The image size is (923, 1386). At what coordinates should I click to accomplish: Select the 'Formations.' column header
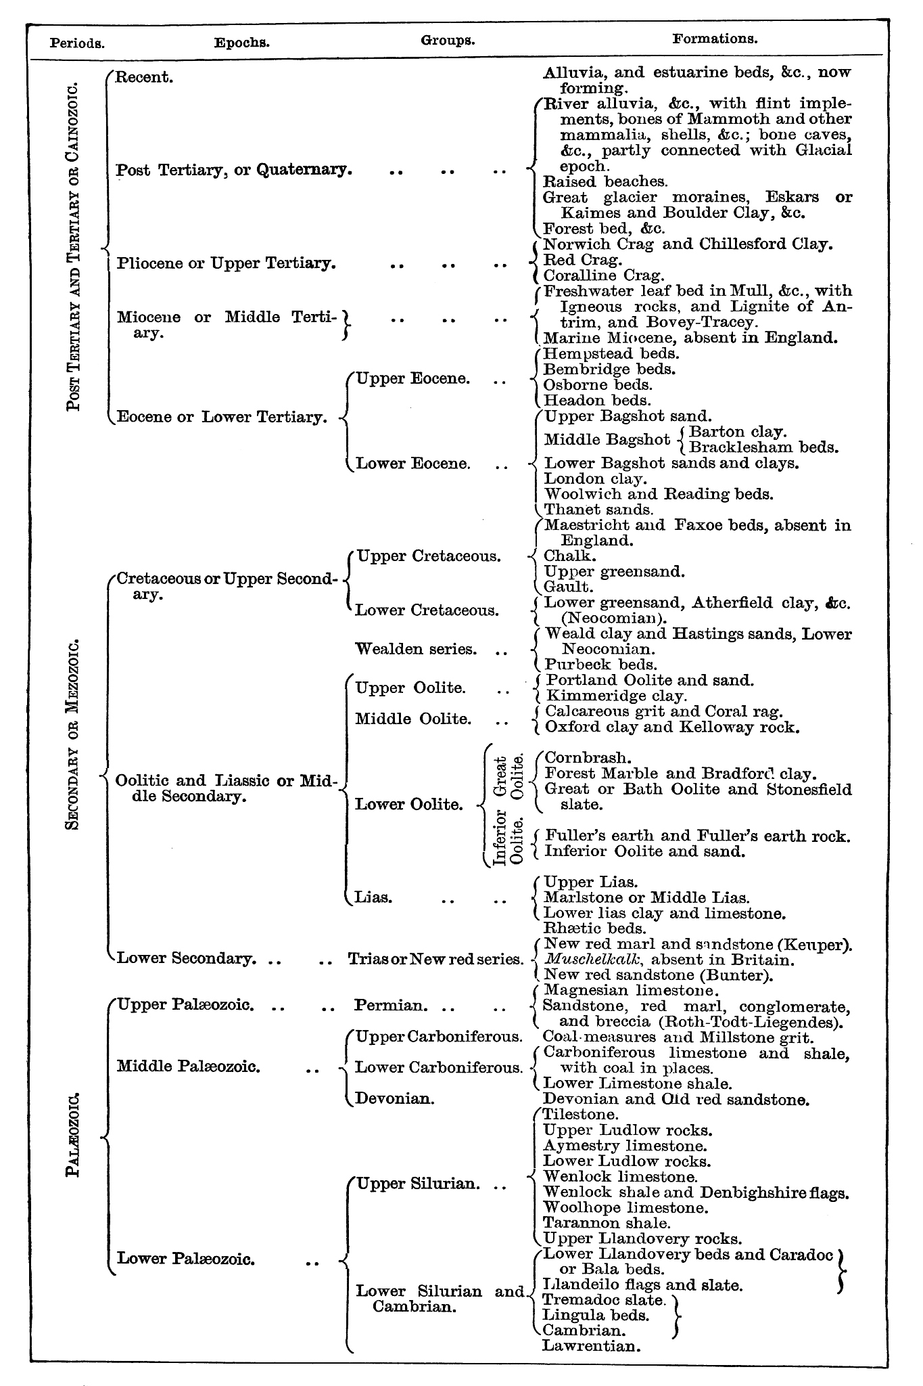(x=715, y=39)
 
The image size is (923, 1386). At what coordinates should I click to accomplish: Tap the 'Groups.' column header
(x=448, y=40)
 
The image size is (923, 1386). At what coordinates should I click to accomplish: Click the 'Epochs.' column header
(x=242, y=43)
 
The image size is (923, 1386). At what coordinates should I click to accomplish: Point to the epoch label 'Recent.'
(x=145, y=77)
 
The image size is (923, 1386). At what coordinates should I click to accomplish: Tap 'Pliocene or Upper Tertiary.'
(x=226, y=263)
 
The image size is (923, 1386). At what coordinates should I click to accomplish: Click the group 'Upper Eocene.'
(x=413, y=379)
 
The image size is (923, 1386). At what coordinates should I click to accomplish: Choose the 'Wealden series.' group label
(x=417, y=650)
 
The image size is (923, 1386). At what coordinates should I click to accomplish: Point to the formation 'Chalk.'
(x=570, y=556)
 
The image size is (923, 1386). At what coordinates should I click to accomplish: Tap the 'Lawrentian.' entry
(x=591, y=1346)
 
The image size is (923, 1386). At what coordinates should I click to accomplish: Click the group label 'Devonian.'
(x=395, y=1098)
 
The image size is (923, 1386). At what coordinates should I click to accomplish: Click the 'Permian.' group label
(x=391, y=1006)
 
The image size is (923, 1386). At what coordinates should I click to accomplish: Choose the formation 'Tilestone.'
(x=581, y=1114)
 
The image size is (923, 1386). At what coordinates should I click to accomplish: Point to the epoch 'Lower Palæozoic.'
(x=186, y=1259)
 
